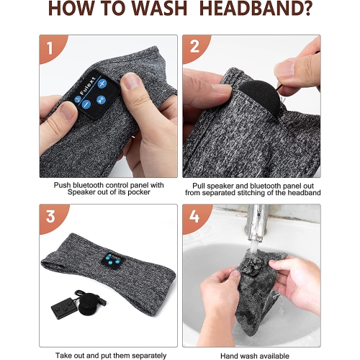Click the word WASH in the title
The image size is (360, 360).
pos(159,9)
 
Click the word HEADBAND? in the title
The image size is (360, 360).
pos(256,9)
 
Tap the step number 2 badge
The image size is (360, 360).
pos(194,47)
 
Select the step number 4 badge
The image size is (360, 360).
pos(194,217)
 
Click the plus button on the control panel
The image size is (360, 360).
pos(102,84)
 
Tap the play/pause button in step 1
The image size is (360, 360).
pos(101,99)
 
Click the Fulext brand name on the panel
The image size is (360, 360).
pos(88,86)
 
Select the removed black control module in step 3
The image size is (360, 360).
pos(64,308)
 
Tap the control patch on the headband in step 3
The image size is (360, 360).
pos(114,261)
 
